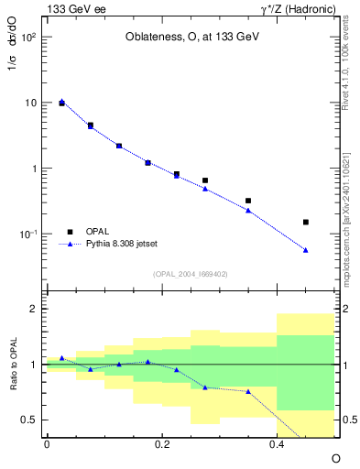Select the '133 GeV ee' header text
pos(76,8)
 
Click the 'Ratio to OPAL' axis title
pos(14,364)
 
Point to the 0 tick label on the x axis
pos(47,443)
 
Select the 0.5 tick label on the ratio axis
pos(29,420)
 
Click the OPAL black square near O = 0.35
pos(248,201)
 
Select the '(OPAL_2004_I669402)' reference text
pos(191,273)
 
